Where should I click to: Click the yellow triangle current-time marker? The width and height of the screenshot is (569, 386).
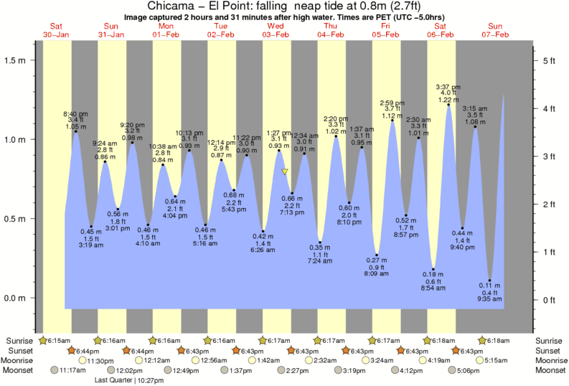tap(285, 172)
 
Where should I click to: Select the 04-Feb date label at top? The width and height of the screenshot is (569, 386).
tap(331, 35)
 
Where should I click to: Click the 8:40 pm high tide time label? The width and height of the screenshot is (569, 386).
tap(75, 114)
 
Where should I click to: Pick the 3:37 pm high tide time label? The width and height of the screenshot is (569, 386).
tap(448, 88)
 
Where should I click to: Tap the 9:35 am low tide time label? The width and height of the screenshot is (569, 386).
tap(490, 298)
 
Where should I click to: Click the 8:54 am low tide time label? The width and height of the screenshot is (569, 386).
tap(433, 288)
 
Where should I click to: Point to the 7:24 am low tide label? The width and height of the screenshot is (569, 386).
tap(320, 261)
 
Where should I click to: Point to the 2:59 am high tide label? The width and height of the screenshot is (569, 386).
tap(392, 103)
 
